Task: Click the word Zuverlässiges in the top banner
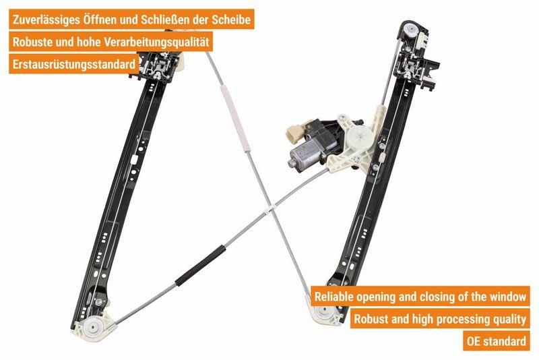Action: (46, 20)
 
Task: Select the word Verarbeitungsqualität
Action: (156, 42)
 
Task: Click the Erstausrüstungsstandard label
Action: (74, 64)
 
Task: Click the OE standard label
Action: (496, 341)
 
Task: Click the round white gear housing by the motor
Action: (360, 136)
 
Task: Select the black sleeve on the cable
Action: (199, 266)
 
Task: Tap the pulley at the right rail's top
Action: (410, 30)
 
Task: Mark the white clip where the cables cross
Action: (271, 209)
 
